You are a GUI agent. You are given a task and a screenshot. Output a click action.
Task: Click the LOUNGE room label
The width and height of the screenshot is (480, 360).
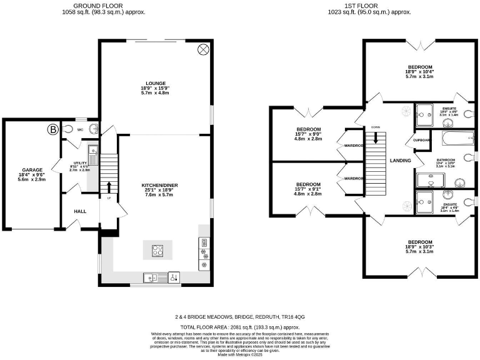(156, 83)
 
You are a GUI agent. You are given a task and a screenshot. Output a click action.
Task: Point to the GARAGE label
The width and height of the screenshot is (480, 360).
(32, 169)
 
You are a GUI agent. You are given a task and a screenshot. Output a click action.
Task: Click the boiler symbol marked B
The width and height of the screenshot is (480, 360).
(52, 130)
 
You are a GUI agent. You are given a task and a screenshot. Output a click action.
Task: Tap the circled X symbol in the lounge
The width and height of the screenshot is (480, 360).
(203, 49)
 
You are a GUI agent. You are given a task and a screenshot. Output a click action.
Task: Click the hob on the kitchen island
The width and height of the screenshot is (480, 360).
(157, 251)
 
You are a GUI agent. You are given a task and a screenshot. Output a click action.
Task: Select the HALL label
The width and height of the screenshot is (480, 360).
(80, 211)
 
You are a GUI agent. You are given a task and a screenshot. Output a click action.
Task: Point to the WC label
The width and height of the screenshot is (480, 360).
(80, 130)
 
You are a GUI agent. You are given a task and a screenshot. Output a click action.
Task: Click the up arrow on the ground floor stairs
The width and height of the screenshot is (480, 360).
(109, 187)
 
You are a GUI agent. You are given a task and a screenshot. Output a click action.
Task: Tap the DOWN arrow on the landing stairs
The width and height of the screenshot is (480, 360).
(376, 137)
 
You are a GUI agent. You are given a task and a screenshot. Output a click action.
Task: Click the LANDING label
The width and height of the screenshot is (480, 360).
(400, 161)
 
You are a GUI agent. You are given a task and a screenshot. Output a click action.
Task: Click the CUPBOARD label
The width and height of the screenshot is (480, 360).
(422, 140)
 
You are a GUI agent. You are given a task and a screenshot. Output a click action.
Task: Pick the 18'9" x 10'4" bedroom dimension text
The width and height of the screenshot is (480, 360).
(420, 72)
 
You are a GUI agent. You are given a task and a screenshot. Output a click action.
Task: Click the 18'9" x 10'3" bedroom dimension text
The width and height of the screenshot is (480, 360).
(420, 247)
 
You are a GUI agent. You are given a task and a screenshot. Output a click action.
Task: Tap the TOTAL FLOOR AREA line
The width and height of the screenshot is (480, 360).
(240, 327)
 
